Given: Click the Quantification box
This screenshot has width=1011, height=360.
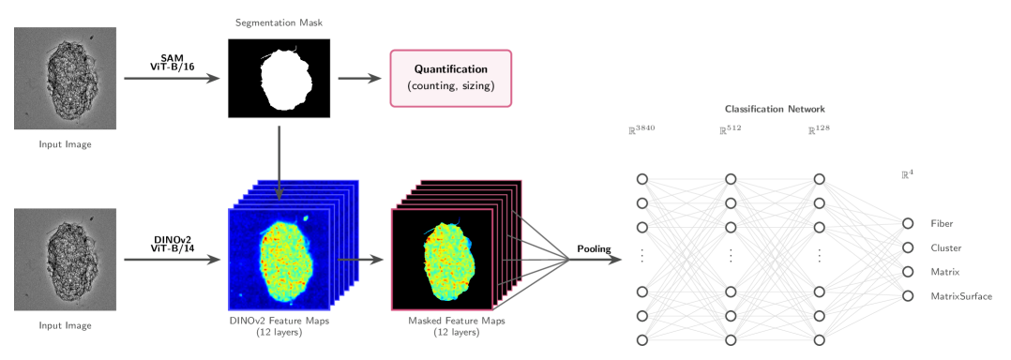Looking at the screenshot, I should click(x=451, y=78).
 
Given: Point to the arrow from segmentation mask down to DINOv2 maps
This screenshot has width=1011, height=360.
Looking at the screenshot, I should click(x=279, y=159).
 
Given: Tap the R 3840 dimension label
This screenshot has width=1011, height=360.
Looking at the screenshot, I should click(x=641, y=130).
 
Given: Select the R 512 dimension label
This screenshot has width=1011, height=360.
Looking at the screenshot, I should click(x=730, y=130).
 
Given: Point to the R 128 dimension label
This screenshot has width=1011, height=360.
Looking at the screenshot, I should click(x=818, y=130).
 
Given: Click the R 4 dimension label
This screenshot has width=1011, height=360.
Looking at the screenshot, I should click(x=907, y=174).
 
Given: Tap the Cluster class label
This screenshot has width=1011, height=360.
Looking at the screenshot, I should click(x=944, y=247).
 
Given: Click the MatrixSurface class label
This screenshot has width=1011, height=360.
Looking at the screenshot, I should click(x=960, y=295).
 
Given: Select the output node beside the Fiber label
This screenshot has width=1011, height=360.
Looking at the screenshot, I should click(x=907, y=224).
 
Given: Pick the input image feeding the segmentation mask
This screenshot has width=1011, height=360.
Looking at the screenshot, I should click(x=66, y=78).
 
